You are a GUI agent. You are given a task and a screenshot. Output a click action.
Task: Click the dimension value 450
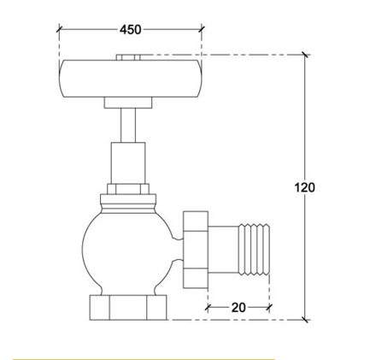coord(130,29)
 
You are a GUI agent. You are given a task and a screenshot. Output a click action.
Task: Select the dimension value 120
coord(304,187)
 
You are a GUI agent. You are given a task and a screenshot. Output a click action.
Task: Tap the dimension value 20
coord(238,307)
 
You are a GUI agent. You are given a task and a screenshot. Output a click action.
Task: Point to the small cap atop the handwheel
coord(129,57)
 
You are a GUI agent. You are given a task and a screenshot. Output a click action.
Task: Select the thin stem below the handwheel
coord(129,125)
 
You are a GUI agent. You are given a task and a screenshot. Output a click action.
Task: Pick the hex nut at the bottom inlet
coord(128,307)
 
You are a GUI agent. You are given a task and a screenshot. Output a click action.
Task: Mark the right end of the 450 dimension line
coord(203,29)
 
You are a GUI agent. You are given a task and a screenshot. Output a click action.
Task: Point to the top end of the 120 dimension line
coord(305,56)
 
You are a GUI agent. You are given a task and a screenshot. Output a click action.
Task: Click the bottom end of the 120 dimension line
coord(305,320)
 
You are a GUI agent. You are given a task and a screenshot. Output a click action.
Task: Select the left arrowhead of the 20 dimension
coord(208,307)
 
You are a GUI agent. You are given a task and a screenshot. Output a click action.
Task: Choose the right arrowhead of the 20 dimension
coord(270,307)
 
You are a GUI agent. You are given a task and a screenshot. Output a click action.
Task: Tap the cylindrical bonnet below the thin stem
coord(129,162)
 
